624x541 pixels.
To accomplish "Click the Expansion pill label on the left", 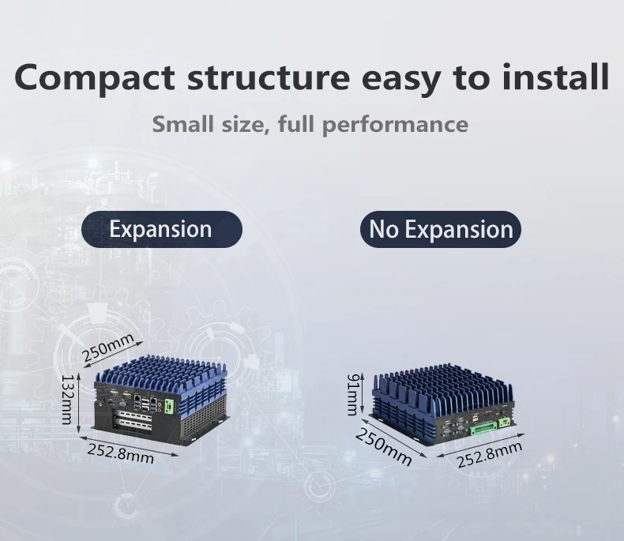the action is [161, 229].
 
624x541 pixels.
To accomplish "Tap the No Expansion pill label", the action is [441, 229].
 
